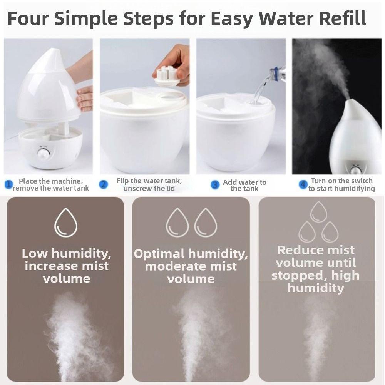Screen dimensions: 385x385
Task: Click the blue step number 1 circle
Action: pos(9,184)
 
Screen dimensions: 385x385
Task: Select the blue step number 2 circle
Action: pos(103,184)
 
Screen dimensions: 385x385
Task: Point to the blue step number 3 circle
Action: pos(215,185)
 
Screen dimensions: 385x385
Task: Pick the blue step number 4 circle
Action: pos(303,184)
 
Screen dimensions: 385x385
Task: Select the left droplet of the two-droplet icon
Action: pos(177,223)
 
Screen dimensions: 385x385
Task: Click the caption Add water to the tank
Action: pos(244,186)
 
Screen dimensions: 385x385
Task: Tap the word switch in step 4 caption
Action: pos(361,181)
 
